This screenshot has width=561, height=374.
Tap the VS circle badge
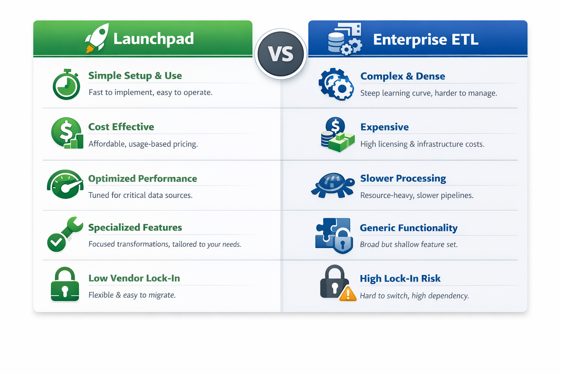click(x=280, y=54)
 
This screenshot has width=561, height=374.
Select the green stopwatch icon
click(x=66, y=85)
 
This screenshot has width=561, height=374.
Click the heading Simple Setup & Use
click(x=135, y=76)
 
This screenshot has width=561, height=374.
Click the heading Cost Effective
click(x=121, y=127)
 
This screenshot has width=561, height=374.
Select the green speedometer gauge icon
click(x=65, y=184)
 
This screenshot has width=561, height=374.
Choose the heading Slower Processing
click(x=403, y=178)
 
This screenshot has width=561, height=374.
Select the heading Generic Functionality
click(x=408, y=228)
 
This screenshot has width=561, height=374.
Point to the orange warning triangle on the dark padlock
click(x=348, y=294)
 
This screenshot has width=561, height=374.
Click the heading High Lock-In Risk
click(x=400, y=278)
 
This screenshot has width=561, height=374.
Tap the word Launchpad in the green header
click(x=153, y=39)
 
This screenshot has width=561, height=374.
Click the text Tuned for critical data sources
click(x=140, y=195)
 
